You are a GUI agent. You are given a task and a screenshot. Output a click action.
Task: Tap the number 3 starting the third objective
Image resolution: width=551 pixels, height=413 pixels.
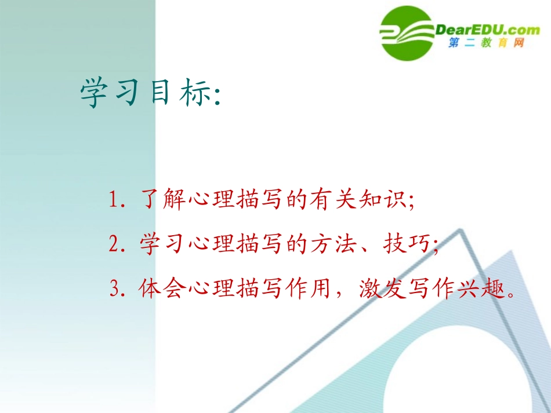point(115,288)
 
